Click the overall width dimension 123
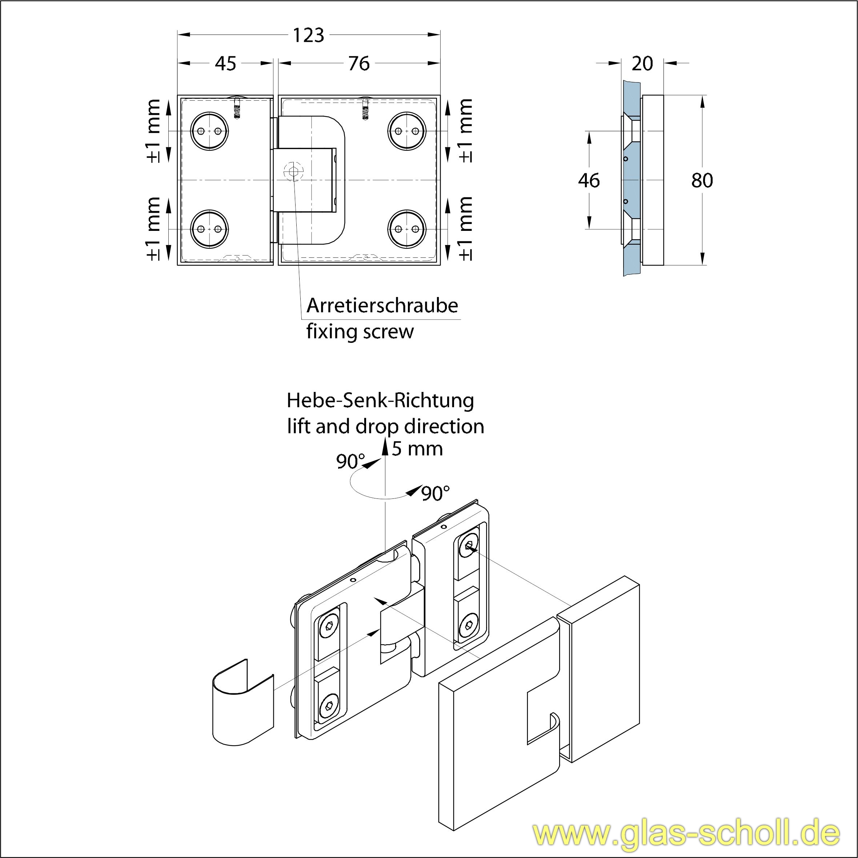coord(308,35)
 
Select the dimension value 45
coord(226,64)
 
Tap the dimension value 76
coord(359,64)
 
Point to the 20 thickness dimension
coord(642,64)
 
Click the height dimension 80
coord(702,180)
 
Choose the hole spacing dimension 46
coord(589,180)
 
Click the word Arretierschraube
coord(382,305)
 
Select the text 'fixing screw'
coord(360,331)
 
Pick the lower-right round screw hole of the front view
coord(407,229)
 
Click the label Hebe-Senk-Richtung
coord(380,401)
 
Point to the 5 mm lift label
coord(417,449)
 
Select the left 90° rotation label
coord(350,462)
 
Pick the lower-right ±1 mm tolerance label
coord(465,228)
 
